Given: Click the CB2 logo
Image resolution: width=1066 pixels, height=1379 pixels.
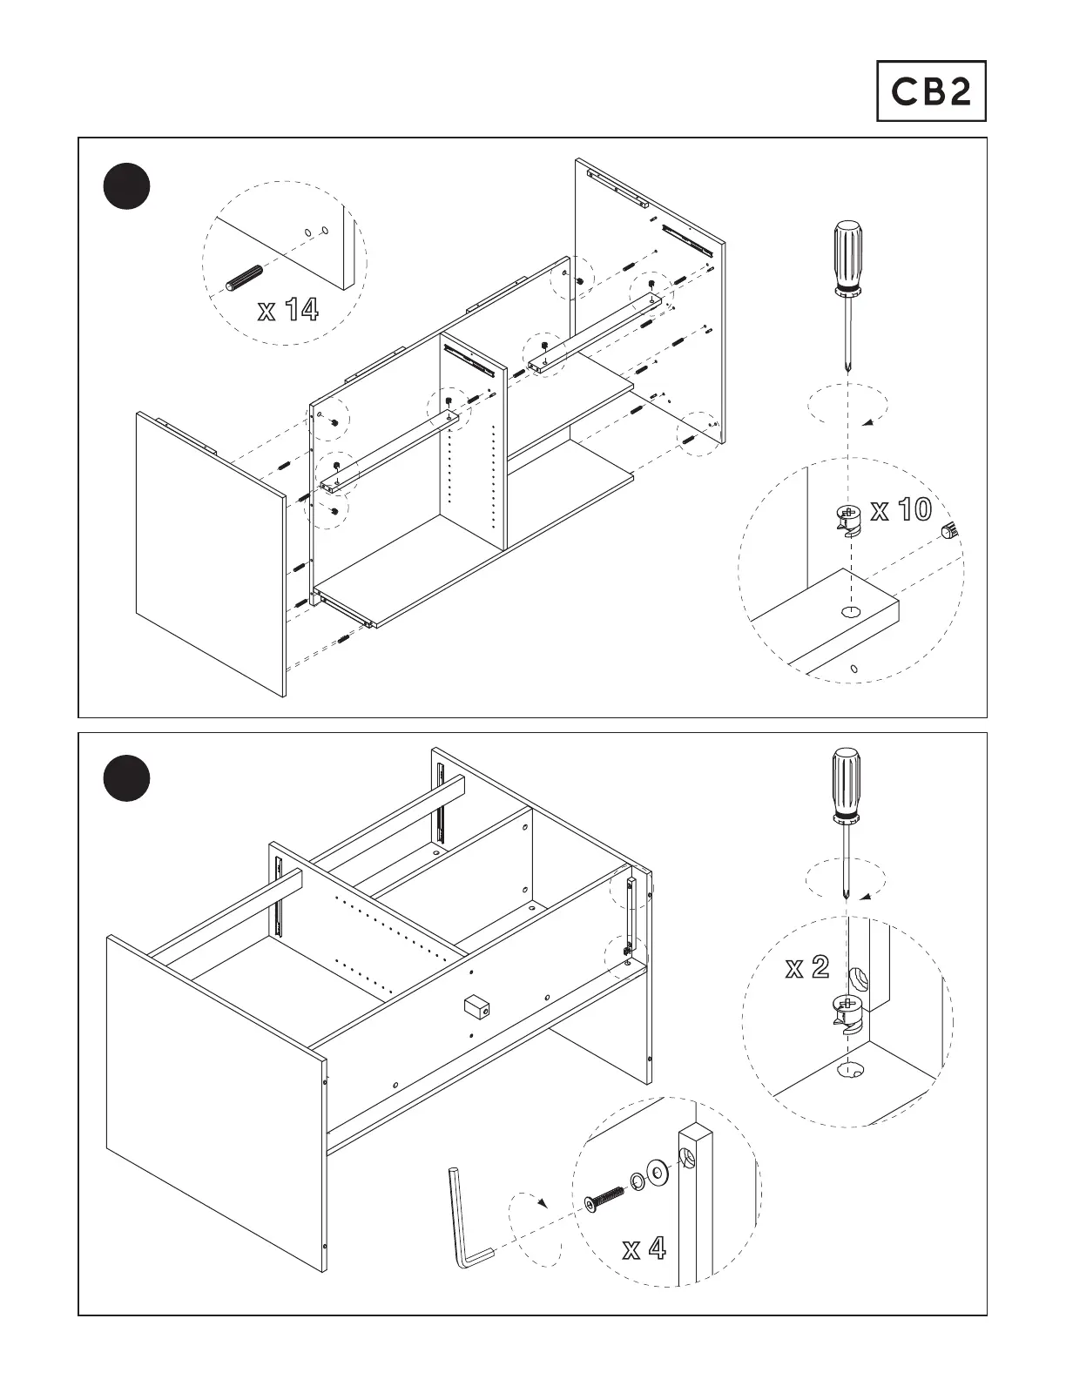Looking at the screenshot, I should (x=930, y=91).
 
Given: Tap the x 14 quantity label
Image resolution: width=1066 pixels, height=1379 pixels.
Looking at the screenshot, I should (x=288, y=310).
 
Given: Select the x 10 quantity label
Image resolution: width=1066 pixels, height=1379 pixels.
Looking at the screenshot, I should (x=901, y=510).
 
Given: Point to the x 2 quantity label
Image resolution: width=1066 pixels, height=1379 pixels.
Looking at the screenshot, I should (x=806, y=967).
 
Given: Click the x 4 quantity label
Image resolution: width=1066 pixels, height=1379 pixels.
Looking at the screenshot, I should (x=644, y=1249).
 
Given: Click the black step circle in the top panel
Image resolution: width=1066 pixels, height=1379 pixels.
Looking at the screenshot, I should (x=126, y=186).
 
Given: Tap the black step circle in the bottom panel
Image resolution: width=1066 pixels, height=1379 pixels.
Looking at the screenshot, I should (x=126, y=779).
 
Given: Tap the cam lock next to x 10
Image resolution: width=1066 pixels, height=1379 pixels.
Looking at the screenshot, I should (x=847, y=520).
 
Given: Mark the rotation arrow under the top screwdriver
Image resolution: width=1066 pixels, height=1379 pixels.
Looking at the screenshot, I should (x=847, y=407).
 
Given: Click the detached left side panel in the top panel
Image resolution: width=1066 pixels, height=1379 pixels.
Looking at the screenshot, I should (x=209, y=553).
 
